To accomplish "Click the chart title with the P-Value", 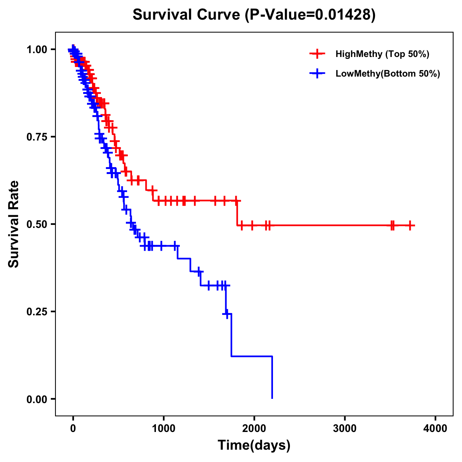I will pos(254,15).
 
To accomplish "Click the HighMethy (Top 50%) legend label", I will pos(382,54).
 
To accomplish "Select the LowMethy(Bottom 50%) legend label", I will pos(387,74).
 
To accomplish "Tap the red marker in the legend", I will pos(317,54).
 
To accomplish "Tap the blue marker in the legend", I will pos(317,74).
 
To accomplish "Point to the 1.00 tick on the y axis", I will pos(37,50).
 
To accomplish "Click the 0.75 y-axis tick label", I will pos(37,137).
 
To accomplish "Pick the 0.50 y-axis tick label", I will pos(37,224).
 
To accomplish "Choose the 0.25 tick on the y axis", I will pos(37,311).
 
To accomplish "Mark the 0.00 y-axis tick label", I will pos(37,399).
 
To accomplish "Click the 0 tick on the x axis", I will pos(73,428).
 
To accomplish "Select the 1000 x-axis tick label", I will pos(164,428).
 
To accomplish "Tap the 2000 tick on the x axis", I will pos(254,428).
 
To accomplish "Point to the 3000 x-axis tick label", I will pos(345,428).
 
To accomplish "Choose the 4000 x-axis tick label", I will pos(435,428).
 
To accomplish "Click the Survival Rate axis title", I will pos(14,224).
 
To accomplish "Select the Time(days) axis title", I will pos(254,445).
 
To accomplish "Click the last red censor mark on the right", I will pos(410,226).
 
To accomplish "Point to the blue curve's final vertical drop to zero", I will pos(272,377).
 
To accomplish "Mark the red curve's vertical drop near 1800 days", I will pos(237,213).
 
